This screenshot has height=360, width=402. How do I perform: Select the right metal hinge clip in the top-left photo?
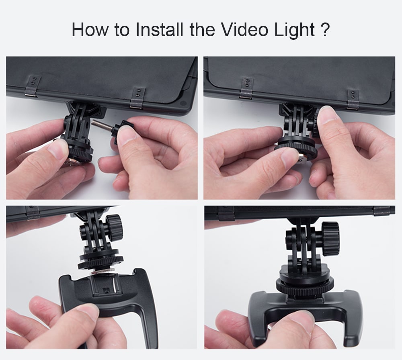click(x=137, y=97)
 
